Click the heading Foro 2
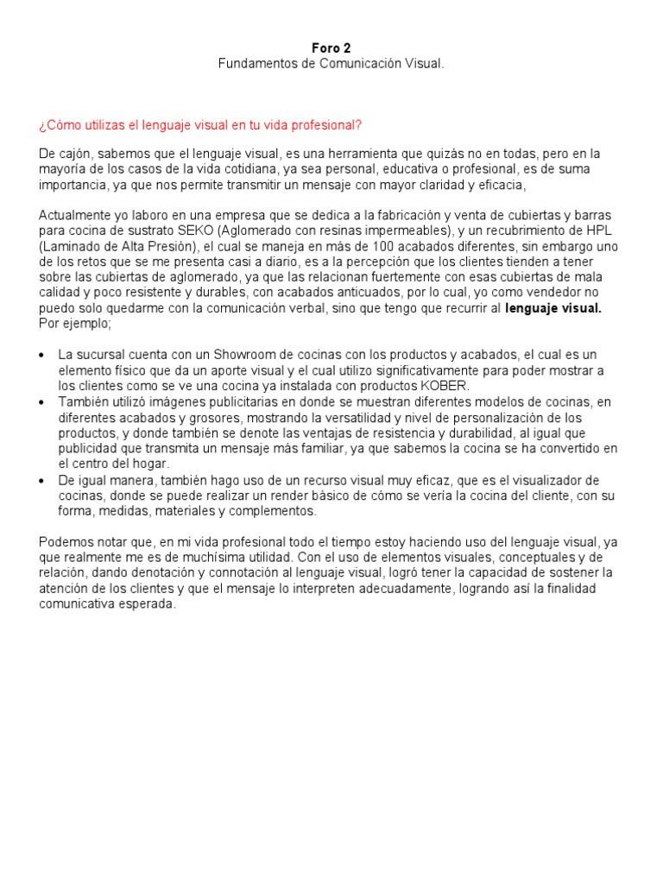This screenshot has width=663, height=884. (x=331, y=48)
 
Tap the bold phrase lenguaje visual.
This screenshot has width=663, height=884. (x=553, y=309)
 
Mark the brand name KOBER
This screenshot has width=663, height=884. (x=444, y=386)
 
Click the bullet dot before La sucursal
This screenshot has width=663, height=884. (x=43, y=356)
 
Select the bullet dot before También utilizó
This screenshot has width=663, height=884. (x=43, y=402)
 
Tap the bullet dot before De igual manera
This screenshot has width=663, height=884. (x=43, y=480)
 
